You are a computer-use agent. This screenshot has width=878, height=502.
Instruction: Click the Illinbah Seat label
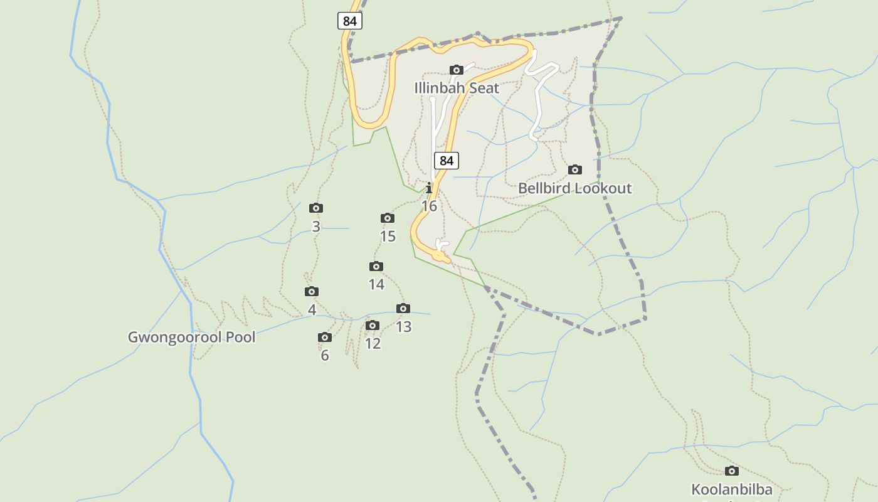coord(457,88)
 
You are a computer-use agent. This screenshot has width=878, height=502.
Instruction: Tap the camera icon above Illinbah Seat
coord(457,70)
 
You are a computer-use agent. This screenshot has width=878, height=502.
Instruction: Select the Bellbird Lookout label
coord(574,188)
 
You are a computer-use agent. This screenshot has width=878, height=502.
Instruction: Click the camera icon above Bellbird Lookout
coord(574,169)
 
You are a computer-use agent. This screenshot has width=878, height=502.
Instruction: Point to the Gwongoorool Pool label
coord(191,337)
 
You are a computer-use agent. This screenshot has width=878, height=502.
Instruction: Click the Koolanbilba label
coord(731,489)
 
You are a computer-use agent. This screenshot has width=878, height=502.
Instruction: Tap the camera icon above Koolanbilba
coord(731,471)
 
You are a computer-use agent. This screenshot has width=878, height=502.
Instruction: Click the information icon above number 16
coord(429,188)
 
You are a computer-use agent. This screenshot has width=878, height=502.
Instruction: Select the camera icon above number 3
coord(316,208)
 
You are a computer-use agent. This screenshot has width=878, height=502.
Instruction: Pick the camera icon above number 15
coord(388,218)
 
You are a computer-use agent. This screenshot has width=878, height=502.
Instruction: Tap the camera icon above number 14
coord(376,266)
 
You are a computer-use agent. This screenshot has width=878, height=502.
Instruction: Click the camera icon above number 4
coord(312,291)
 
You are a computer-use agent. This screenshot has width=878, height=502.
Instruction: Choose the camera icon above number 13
coord(403,308)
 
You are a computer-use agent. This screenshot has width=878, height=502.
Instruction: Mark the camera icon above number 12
coord(373,325)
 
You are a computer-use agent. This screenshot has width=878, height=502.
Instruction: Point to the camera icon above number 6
coord(324,337)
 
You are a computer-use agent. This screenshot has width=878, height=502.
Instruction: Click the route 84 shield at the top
coord(350,21)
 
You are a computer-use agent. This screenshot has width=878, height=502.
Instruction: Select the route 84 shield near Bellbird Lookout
coord(446,161)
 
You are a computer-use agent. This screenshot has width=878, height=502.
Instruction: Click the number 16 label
coord(429,206)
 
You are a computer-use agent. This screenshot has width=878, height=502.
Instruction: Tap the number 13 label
coord(403,326)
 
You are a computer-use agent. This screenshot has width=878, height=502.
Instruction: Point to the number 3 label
coord(316,227)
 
